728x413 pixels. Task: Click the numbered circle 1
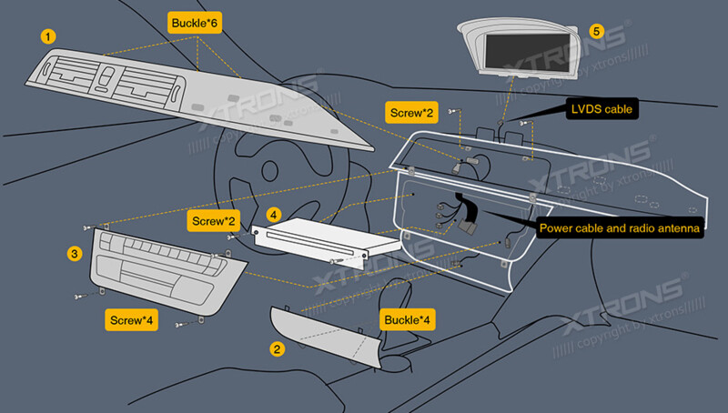coord(47,35)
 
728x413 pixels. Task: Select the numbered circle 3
coord(75,254)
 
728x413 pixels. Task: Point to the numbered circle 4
coord(274,216)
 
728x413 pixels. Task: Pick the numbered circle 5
coord(596,30)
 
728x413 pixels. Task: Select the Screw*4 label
coord(132,320)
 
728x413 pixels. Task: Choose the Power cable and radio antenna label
coord(620,228)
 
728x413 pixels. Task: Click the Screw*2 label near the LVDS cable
coord(411,113)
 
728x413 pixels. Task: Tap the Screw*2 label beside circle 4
coord(214,220)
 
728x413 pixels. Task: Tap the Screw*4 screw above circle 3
coord(88,227)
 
